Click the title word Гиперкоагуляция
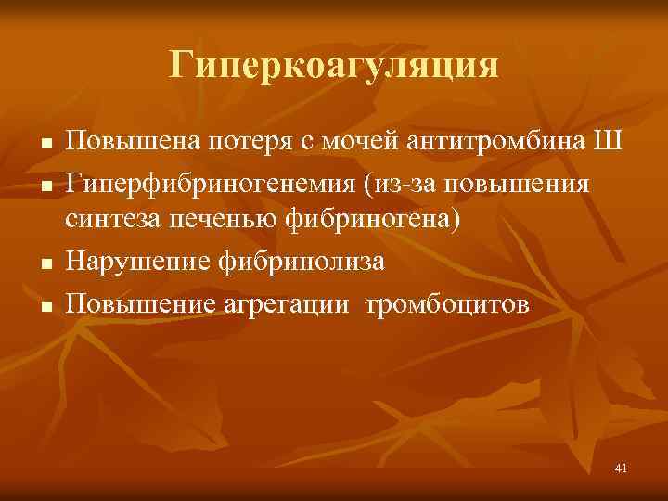(x=334, y=66)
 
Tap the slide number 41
(x=621, y=469)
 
